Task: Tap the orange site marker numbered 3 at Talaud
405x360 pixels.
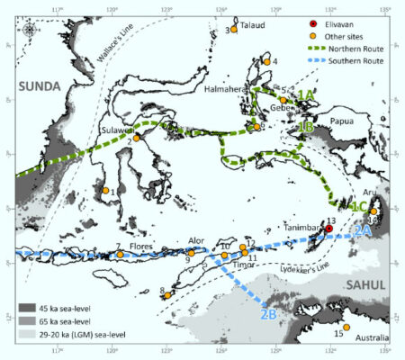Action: coord(234,29)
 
